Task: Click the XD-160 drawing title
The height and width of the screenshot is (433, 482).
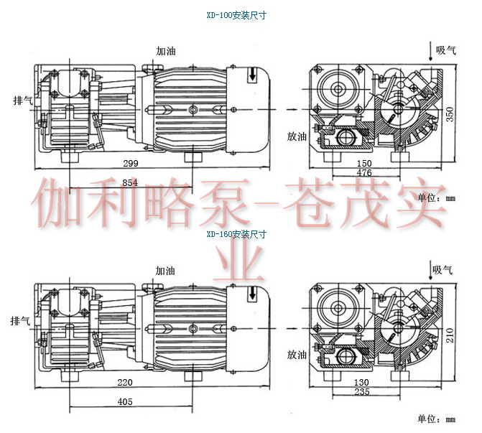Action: [x=236, y=234]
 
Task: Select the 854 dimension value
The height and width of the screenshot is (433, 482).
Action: [x=130, y=184]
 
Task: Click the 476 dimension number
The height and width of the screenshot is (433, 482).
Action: [x=365, y=173]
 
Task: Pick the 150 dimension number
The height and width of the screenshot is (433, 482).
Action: [x=365, y=164]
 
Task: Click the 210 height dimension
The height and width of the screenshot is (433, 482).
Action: [x=451, y=332]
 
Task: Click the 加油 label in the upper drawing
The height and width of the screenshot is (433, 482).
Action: [x=166, y=51]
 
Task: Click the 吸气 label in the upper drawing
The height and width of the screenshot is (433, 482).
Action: [x=447, y=50]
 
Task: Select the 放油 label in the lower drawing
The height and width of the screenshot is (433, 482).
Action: [x=297, y=355]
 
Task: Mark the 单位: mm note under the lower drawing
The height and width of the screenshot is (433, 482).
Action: [x=436, y=419]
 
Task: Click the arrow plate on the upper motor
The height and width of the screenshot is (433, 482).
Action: [x=252, y=75]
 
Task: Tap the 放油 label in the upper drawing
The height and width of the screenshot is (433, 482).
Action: [x=297, y=135]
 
